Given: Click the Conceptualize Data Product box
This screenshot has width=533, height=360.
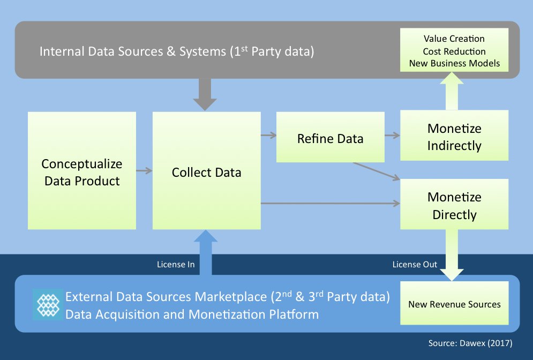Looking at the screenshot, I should pos(82,171).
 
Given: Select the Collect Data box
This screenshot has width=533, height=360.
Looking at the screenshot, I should pos(206,171).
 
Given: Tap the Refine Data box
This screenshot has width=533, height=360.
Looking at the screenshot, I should pos(330,138).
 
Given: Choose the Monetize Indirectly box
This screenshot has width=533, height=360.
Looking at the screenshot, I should pos(454,136).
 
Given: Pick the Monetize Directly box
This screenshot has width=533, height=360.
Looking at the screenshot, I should pos(454,205).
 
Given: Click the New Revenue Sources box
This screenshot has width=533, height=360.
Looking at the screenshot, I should pos(454,304).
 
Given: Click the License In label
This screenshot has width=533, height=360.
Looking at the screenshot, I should pos(176,264).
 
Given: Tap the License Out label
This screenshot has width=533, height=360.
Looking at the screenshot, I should pos(415,264).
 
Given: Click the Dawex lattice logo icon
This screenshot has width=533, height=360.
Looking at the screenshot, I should pos(47,304).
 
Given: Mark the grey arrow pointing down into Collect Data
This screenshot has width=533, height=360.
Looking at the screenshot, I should pos(204,95).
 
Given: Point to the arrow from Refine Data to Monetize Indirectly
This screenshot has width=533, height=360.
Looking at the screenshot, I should pos(392,136).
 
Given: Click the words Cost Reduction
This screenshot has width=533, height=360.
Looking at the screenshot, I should pos(454,51).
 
